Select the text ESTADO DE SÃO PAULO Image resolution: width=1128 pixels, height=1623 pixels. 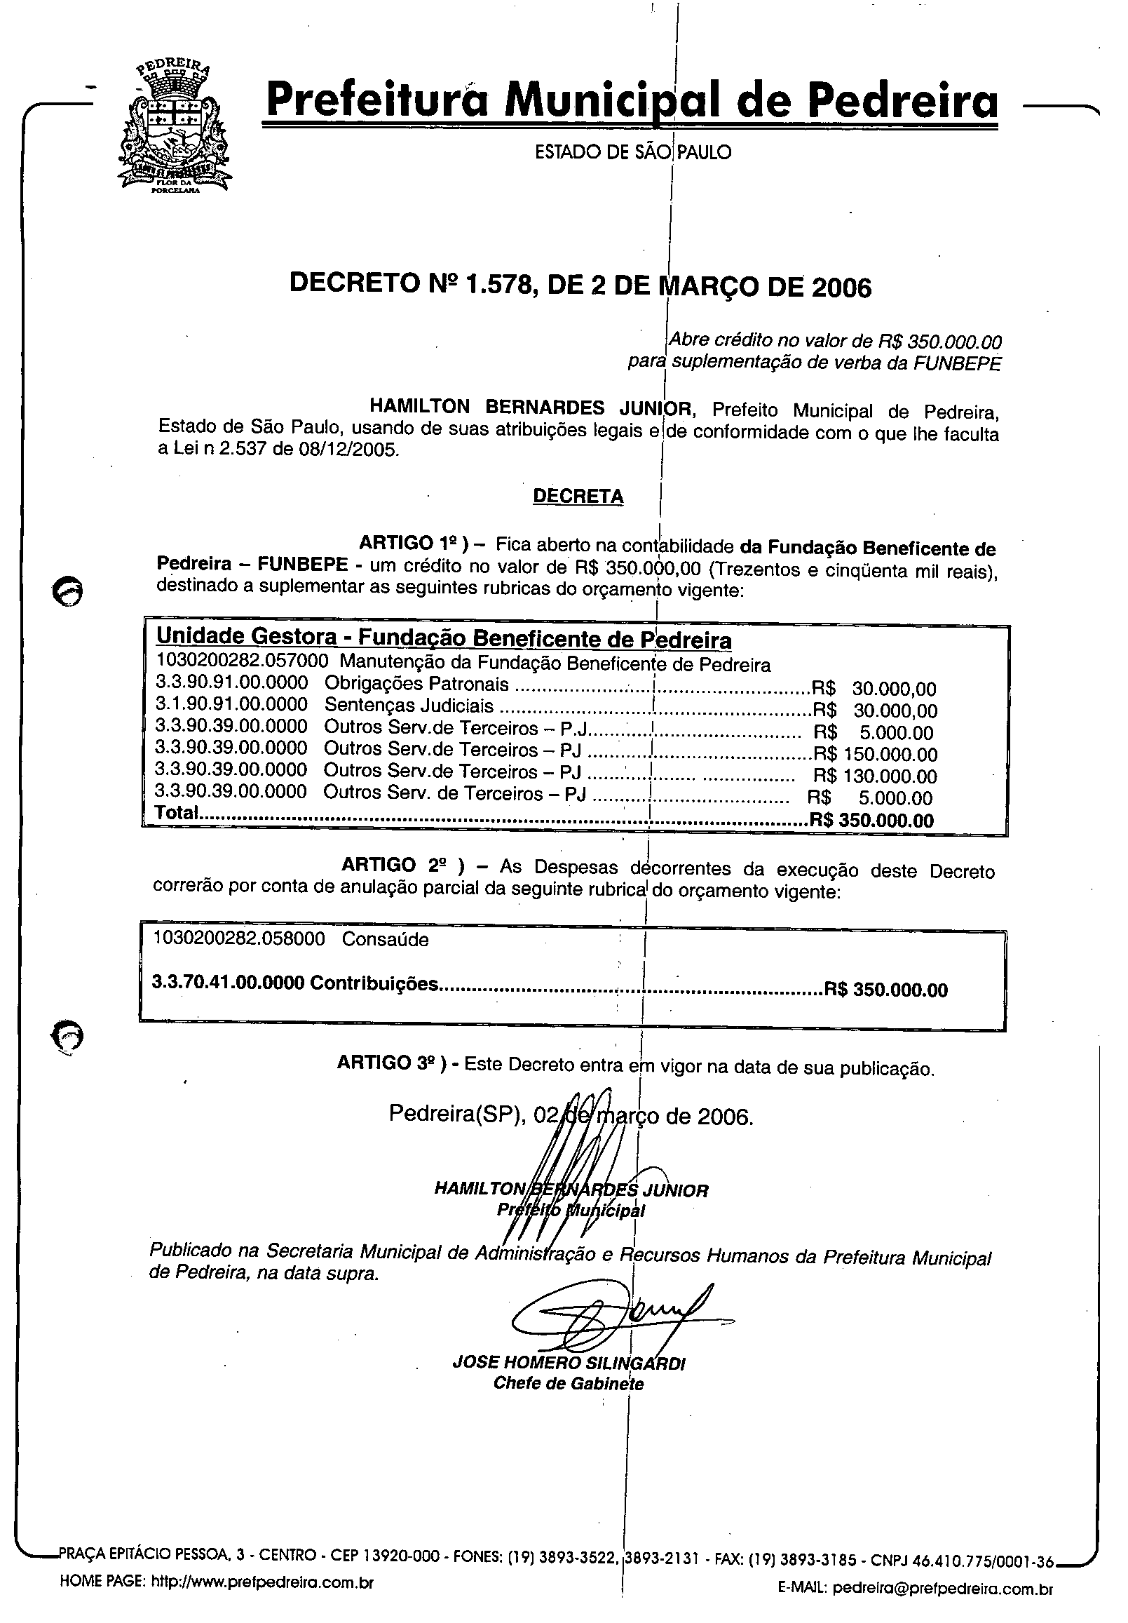tap(632, 152)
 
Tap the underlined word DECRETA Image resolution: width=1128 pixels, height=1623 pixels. tap(578, 497)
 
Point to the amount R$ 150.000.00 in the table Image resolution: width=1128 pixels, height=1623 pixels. tap(876, 754)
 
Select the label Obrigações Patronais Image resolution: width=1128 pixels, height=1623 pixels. tap(416, 684)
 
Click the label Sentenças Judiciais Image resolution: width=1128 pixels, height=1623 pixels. tap(409, 706)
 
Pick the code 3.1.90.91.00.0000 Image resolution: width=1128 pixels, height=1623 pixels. tap(231, 705)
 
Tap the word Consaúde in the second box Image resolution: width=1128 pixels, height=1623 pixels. tap(385, 939)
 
